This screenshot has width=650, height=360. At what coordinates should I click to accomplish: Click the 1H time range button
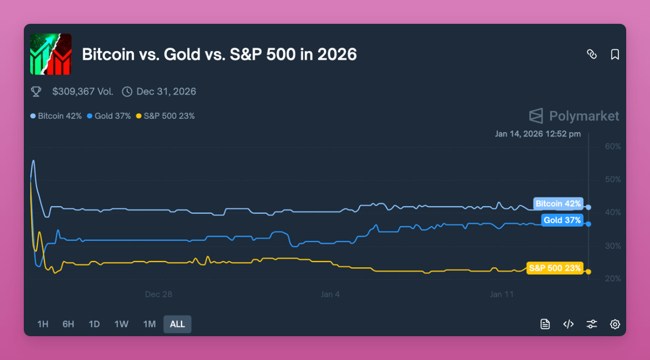tap(43, 324)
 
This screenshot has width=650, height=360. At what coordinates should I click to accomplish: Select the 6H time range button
tap(68, 324)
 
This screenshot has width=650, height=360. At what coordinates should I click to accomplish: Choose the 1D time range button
tap(94, 324)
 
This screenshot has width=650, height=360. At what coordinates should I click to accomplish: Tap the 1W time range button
tap(121, 324)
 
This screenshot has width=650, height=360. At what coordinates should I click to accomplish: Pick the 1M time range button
tap(149, 324)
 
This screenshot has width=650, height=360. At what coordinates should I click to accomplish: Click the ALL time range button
tap(177, 324)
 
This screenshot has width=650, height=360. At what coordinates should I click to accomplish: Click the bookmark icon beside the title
tap(615, 55)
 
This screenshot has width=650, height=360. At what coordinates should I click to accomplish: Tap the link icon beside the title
tap(591, 55)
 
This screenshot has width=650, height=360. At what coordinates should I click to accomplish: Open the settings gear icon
tap(615, 324)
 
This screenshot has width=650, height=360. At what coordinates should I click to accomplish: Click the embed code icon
tap(568, 324)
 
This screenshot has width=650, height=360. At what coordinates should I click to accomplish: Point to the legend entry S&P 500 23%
tap(165, 116)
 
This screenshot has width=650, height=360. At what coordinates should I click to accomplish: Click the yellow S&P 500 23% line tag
tap(555, 268)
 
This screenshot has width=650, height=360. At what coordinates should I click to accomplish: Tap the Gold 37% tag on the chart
tap(562, 220)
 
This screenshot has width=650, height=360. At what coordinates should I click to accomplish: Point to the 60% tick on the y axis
tap(613, 147)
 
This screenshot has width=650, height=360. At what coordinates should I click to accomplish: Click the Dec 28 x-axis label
tap(158, 294)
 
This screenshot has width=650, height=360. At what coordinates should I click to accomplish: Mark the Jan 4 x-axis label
tap(330, 294)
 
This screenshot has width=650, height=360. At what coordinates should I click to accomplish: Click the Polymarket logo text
tap(583, 116)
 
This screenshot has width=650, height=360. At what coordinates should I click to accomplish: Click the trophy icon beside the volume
tap(36, 91)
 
